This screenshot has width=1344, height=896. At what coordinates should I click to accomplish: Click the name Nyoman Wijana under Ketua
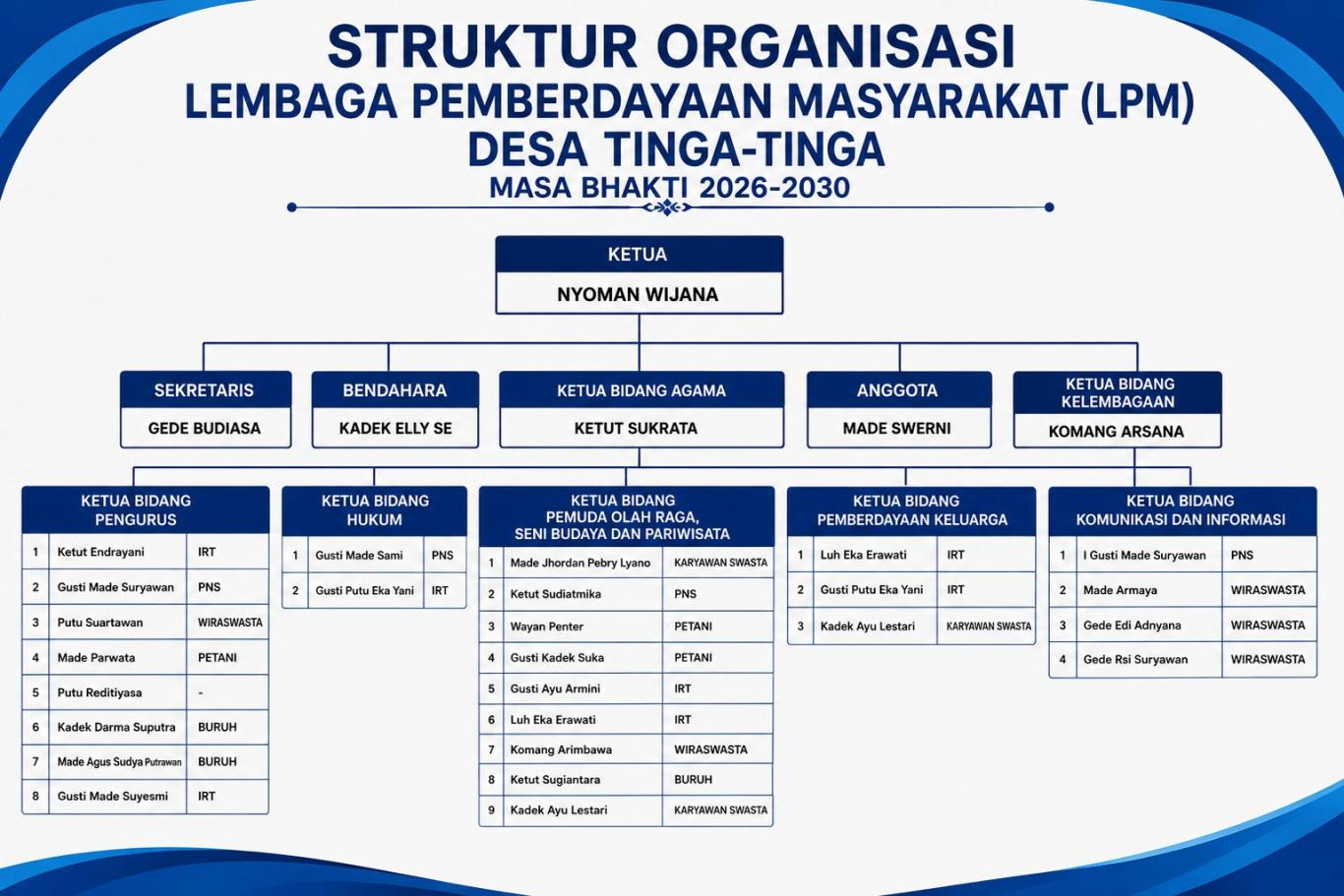(x=638, y=294)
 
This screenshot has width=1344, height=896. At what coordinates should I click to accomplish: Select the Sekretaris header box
(x=206, y=389)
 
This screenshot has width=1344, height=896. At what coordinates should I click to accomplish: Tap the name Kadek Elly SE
(x=396, y=428)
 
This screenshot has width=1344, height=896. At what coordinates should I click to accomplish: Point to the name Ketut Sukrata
(x=636, y=428)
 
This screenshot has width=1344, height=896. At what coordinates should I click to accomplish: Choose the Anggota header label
(x=897, y=390)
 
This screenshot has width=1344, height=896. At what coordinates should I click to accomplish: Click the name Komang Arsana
(x=1116, y=431)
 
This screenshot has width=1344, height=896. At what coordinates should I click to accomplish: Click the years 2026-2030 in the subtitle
(x=774, y=188)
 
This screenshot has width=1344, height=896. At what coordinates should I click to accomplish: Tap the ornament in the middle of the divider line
(x=667, y=208)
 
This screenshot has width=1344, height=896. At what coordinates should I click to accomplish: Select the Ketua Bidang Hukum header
(x=375, y=511)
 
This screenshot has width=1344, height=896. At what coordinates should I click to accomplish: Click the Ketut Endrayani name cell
(x=118, y=552)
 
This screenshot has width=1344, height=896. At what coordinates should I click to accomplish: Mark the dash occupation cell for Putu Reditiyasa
(x=227, y=692)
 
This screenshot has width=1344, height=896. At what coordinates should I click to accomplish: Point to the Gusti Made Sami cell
(x=365, y=556)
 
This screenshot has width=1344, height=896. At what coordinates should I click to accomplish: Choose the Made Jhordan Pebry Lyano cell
(x=582, y=563)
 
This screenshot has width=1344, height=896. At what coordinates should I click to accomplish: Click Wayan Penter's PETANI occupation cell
(x=717, y=627)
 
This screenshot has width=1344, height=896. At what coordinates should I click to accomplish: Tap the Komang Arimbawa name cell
(x=582, y=749)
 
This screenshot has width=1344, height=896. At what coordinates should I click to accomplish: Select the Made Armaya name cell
(x=1149, y=590)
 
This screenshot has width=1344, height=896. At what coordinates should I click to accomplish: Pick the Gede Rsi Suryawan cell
(x=1149, y=660)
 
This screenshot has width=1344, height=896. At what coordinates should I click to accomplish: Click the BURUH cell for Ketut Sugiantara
(x=717, y=780)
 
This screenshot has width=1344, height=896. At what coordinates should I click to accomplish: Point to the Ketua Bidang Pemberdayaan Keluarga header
(x=911, y=511)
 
